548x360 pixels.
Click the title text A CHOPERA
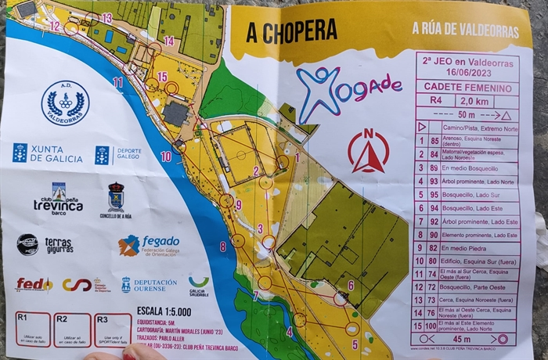tap(291, 31)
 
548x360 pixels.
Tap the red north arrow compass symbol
tap(368, 151)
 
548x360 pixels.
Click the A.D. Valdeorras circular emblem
tap(65, 103)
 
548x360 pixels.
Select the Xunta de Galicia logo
tap(47, 153)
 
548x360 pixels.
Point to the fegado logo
tap(149, 245)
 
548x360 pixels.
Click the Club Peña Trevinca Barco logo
tap(58, 199)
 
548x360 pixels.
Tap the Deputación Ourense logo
tap(149, 285)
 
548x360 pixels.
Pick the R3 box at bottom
tap(113, 329)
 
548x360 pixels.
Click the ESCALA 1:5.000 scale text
tap(164, 311)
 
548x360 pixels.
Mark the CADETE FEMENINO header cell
tap(467, 88)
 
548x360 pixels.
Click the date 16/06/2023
tap(467, 70)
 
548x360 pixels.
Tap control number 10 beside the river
tap(165, 157)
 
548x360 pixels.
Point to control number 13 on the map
tap(106, 18)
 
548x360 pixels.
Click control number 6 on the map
tap(350, 285)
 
